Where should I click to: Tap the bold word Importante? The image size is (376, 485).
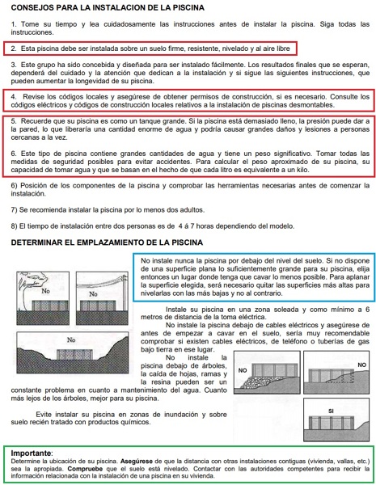tap(31, 453)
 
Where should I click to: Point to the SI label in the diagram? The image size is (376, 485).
tap(332, 411)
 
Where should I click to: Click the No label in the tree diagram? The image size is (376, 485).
tap(45, 291)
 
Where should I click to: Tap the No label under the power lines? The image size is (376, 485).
tap(93, 294)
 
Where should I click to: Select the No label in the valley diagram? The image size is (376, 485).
tap(71, 340)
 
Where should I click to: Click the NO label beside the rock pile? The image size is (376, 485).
tap(243, 370)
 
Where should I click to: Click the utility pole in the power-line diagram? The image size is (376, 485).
tap(125, 293)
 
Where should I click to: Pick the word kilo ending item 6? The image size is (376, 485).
tap(302, 170)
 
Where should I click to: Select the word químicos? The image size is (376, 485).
tap(137, 422)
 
